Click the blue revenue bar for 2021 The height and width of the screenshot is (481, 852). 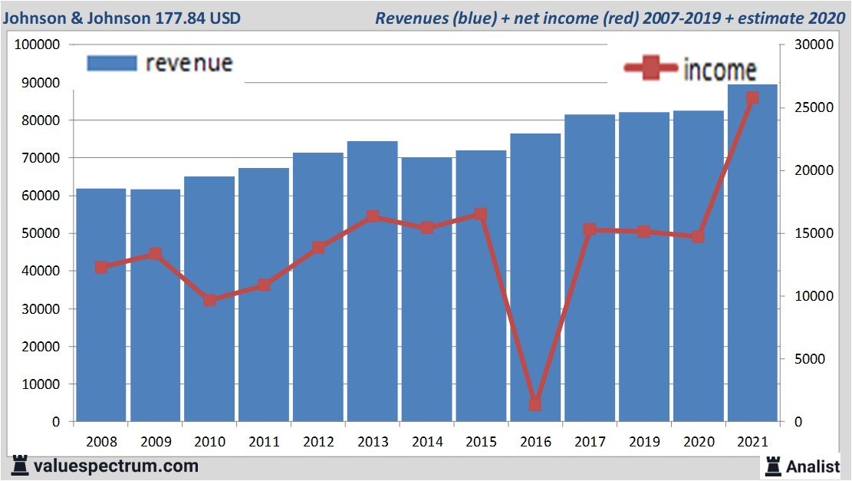[752, 253]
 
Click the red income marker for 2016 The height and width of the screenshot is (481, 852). [535, 404]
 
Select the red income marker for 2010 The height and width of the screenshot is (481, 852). [210, 300]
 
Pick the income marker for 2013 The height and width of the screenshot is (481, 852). [373, 216]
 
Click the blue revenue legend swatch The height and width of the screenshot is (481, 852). [112, 63]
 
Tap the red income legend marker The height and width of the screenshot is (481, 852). [651, 69]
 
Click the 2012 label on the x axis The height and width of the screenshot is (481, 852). [318, 442]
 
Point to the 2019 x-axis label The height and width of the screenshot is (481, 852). [643, 442]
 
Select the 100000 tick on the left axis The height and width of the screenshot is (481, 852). [38, 44]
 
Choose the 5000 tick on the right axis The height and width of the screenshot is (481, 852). [805, 359]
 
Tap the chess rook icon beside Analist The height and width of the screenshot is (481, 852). [771, 465]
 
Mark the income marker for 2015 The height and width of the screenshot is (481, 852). [481, 215]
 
